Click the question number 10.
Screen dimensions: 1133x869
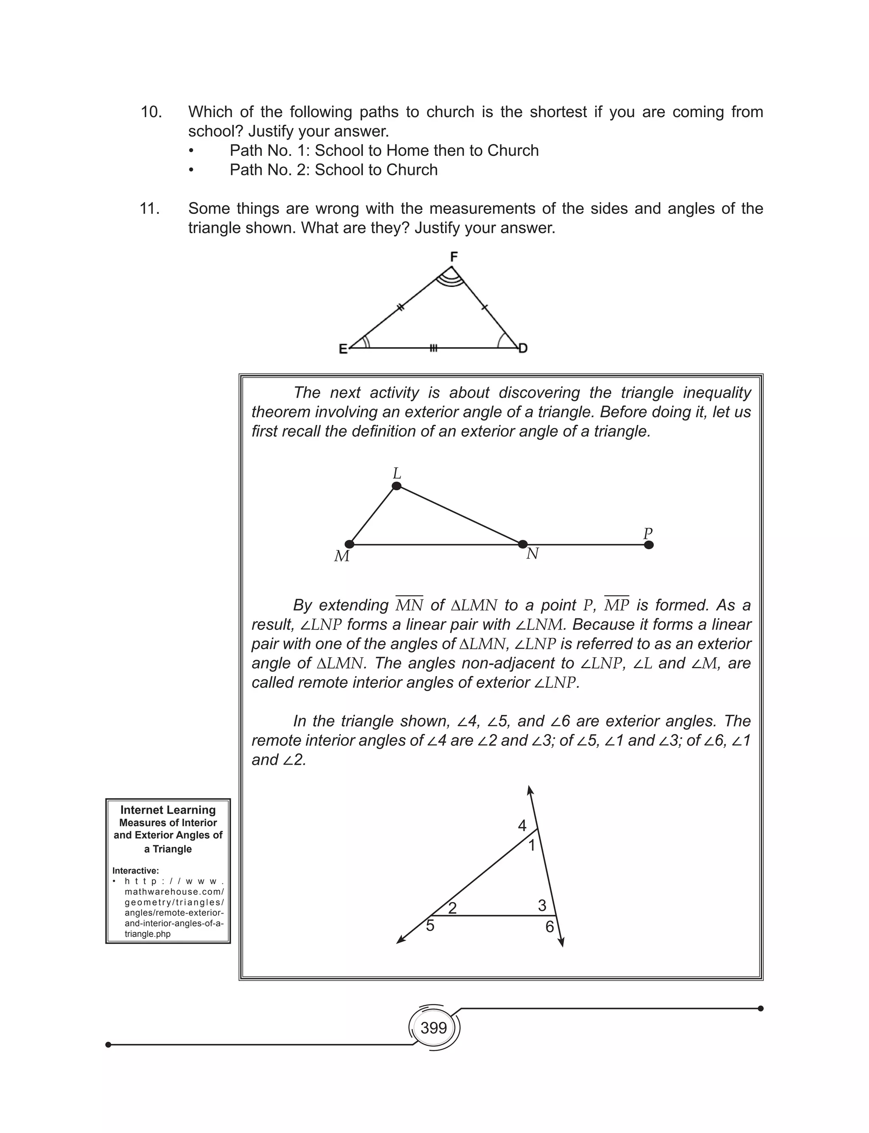pos(151,112)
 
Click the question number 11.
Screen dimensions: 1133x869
pos(150,208)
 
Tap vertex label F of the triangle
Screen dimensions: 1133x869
pos(454,256)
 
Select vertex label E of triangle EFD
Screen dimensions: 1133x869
pos(343,349)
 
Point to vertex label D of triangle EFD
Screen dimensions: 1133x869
pos(523,348)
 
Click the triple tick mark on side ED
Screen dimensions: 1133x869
pos(434,348)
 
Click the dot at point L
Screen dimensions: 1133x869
pos(397,486)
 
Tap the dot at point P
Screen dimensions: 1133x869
pos(649,545)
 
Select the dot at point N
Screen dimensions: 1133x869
pos(523,544)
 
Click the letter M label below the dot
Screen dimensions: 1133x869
pos(342,557)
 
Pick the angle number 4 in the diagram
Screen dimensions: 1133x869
pos(522,826)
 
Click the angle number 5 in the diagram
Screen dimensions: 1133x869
pos(430,925)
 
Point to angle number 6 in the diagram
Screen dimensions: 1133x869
pos(549,927)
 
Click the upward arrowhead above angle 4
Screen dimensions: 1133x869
pos(530,790)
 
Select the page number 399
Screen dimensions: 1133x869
pos(434,1028)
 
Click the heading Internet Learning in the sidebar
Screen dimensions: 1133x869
pos(168,810)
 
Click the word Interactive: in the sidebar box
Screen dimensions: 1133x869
pos(135,871)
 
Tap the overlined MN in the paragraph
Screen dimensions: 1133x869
pos(409,605)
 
